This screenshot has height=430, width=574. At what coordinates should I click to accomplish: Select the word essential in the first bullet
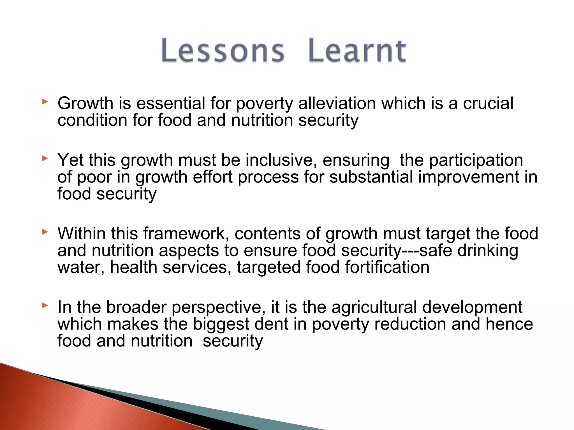[171, 103]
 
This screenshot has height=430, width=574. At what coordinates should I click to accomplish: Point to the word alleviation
[337, 103]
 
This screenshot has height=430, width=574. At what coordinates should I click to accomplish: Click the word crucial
[488, 103]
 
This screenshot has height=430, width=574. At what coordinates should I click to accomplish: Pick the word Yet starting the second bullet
[70, 160]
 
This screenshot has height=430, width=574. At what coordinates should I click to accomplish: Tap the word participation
[476, 161]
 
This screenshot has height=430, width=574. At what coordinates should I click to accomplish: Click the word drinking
[488, 251]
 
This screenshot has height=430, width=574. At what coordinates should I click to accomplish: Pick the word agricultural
[374, 307]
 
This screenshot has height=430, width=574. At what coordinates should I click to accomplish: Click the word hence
[509, 324]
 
